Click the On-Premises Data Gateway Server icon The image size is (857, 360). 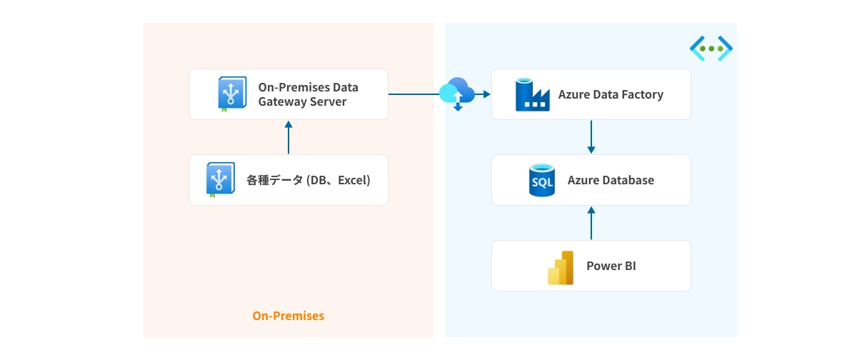point(231,94)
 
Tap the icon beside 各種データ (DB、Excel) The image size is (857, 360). point(221,180)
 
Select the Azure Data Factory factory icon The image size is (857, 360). point(531,95)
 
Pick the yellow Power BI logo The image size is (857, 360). point(561,267)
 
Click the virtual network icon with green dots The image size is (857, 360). point(711,49)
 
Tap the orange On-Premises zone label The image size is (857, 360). point(288,316)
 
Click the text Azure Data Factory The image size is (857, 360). point(611,94)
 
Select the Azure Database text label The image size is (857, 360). point(611,180)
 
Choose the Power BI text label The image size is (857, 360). point(611,266)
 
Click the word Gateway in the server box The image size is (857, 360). point(281,101)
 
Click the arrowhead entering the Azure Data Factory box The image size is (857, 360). point(486,94)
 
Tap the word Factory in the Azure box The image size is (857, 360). point(642,94)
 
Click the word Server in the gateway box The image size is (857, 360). point(327,101)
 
